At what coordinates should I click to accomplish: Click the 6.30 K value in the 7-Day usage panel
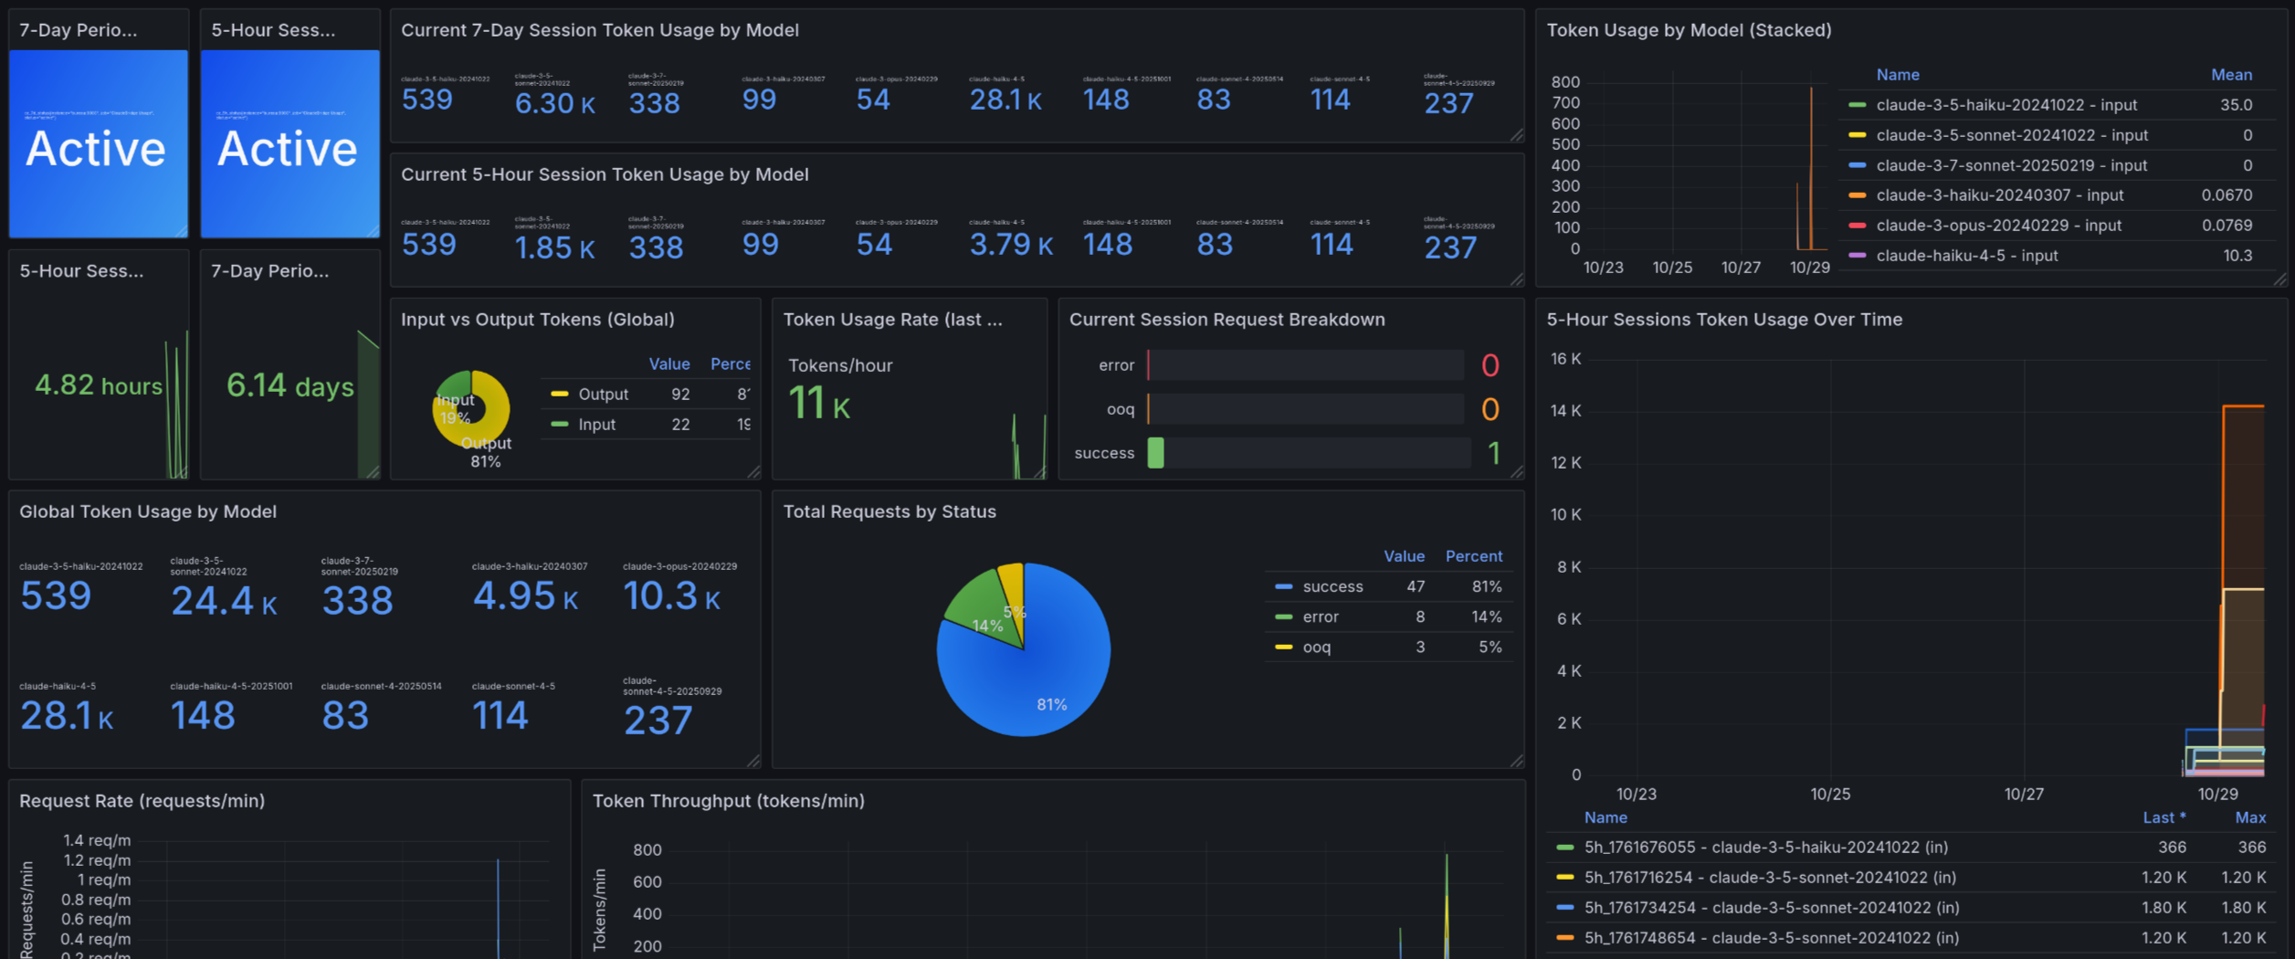[554, 103]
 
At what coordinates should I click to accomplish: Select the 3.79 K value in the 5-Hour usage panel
[1010, 245]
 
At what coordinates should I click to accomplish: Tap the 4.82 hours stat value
[98, 385]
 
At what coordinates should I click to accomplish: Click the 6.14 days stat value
[290, 385]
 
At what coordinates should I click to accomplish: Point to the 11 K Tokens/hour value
[818, 404]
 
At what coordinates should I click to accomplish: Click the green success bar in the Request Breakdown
[1155, 453]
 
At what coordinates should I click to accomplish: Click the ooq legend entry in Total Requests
[1316, 648]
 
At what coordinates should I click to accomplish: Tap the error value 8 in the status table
[1419, 617]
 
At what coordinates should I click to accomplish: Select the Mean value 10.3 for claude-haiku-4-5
[2237, 256]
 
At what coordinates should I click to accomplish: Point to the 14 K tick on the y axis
[1565, 411]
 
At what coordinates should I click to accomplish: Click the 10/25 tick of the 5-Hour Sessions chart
[1829, 794]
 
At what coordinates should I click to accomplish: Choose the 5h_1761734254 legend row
[1770, 908]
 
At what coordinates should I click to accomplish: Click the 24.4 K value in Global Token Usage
[223, 601]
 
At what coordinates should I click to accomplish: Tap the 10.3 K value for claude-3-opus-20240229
[671, 596]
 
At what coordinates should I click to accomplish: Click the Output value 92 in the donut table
[680, 395]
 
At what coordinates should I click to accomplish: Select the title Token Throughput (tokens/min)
[728, 801]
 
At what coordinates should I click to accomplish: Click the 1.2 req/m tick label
[97, 860]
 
